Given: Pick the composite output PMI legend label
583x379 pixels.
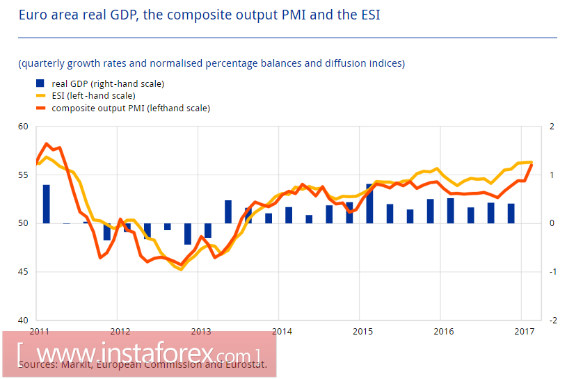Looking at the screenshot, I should [x=131, y=108].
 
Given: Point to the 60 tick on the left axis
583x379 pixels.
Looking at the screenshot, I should [x=24, y=127].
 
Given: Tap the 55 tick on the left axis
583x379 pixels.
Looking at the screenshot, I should [x=24, y=175].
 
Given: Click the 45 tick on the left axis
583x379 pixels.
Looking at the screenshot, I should [x=24, y=272].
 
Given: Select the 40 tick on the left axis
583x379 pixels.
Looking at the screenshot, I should [x=24, y=320].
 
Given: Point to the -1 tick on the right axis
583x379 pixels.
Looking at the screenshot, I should [x=552, y=272].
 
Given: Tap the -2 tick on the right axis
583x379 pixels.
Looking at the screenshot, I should [x=552, y=320].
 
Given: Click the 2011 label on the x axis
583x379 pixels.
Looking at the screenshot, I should [x=40, y=331].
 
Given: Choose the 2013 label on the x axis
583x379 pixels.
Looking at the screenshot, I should [x=200, y=331].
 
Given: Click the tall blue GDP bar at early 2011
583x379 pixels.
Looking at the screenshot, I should [x=47, y=204].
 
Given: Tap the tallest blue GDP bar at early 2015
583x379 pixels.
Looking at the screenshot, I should [x=369, y=203].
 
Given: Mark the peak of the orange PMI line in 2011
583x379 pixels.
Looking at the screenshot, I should [x=47, y=144].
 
